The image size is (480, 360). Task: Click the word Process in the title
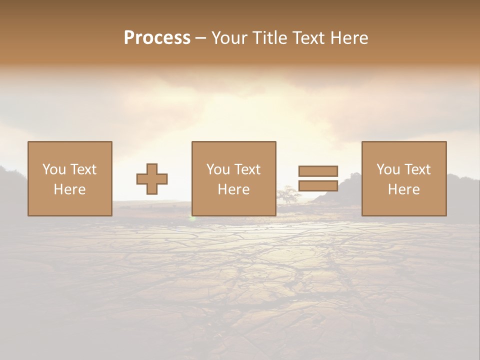tap(157, 38)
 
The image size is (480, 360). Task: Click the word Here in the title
tap(351, 38)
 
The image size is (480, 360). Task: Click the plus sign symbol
tap(152, 179)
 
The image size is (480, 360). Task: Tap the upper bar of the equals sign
tap(318, 171)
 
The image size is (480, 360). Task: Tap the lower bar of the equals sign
tap(318, 185)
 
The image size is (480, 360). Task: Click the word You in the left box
tap(54, 169)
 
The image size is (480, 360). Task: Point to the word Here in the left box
tap(69, 189)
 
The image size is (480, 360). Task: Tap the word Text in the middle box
tap(247, 169)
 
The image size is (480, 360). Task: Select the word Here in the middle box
tap(233, 189)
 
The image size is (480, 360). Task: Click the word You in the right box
tap(388, 169)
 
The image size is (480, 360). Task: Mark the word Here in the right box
tap(403, 189)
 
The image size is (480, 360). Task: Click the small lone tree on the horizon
tap(287, 194)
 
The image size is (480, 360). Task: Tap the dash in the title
tap(201, 38)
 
